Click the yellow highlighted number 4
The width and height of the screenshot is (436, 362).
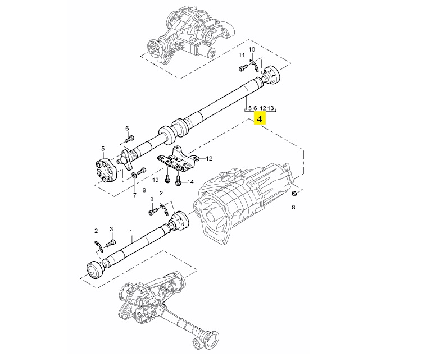click(x=260, y=118)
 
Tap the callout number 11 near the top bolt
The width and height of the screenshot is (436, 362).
click(x=242, y=55)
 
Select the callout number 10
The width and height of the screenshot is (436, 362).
click(x=252, y=49)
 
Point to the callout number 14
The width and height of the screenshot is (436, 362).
click(x=190, y=182)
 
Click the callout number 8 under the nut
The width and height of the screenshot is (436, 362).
click(x=293, y=208)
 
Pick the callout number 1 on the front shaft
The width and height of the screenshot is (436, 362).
click(x=130, y=231)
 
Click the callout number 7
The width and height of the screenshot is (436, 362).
click(x=134, y=195)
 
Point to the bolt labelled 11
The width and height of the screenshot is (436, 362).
click(x=242, y=68)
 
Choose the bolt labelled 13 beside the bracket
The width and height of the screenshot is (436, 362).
click(x=168, y=180)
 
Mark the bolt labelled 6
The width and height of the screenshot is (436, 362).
click(x=129, y=139)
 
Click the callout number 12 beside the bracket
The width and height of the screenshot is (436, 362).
click(x=209, y=159)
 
